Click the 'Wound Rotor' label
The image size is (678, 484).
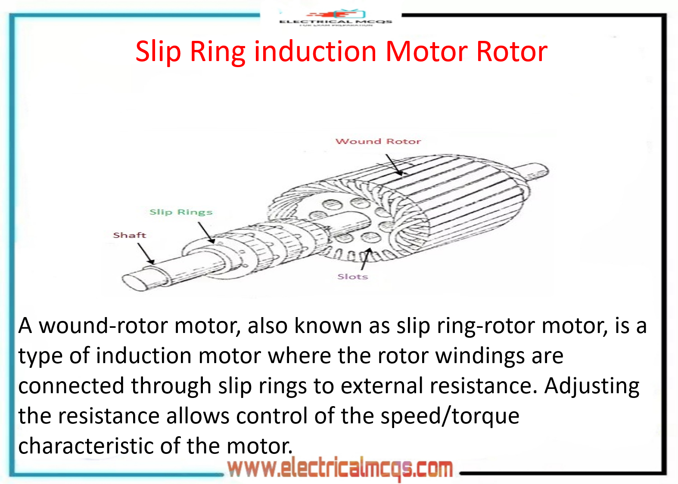tap(378, 141)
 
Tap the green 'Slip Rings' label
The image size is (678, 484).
tap(181, 212)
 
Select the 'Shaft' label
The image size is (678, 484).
tap(129, 235)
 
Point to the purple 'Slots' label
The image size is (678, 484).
tap(352, 277)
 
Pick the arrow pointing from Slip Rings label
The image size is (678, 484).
tap(206, 233)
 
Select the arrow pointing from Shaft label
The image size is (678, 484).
tap(146, 253)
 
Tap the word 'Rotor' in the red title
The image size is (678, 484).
tap(512, 52)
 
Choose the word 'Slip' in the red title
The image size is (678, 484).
tap(158, 52)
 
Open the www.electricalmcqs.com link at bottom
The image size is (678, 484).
tap(340, 469)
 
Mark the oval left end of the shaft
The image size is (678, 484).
tap(134, 282)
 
